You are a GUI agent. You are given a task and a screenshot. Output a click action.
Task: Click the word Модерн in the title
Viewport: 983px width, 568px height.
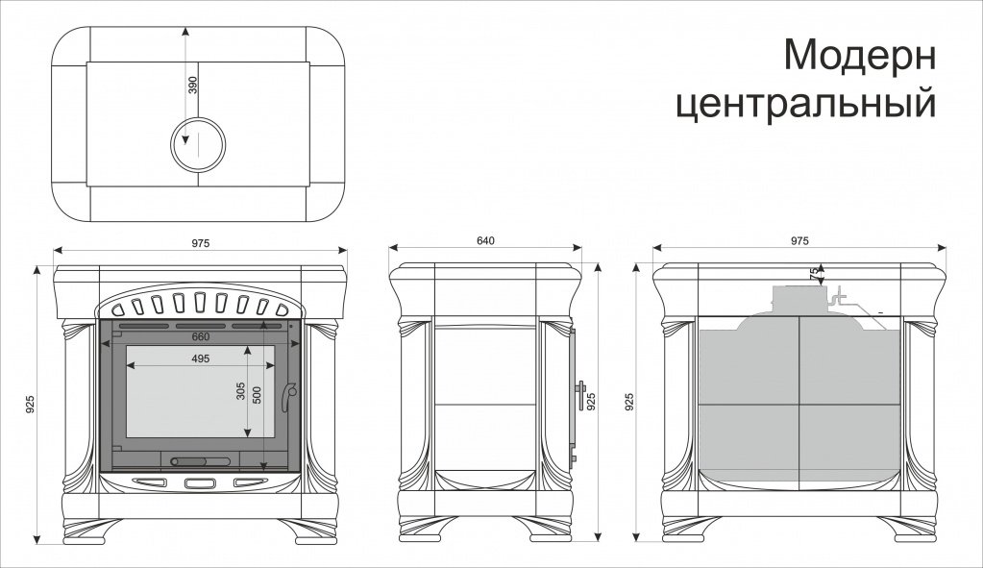[860, 55]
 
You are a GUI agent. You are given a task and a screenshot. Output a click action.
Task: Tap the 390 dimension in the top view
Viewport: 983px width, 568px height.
[192, 86]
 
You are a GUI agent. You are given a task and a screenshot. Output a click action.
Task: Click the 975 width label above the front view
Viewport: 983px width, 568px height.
[201, 242]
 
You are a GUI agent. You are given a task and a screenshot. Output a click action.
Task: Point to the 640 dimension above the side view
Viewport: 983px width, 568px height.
[485, 240]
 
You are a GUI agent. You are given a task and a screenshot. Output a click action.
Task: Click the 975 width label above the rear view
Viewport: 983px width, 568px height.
[799, 240]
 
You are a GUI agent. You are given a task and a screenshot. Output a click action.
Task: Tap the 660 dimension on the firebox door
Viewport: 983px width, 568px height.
[201, 336]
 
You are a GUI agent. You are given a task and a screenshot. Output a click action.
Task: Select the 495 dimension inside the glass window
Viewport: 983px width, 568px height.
[201, 358]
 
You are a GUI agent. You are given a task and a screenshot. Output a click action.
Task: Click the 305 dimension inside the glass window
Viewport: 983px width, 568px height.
[241, 391]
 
